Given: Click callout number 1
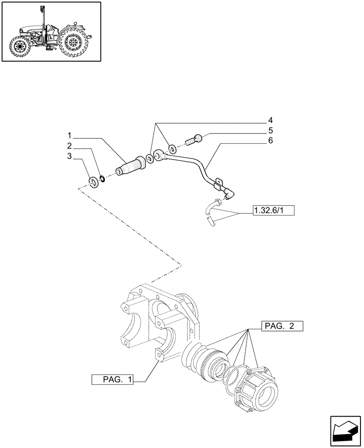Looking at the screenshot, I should (x=70, y=135).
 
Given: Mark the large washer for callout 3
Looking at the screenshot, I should (x=93, y=181).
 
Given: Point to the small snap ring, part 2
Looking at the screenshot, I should (x=102, y=180).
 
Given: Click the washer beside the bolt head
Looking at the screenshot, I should (x=172, y=147).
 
